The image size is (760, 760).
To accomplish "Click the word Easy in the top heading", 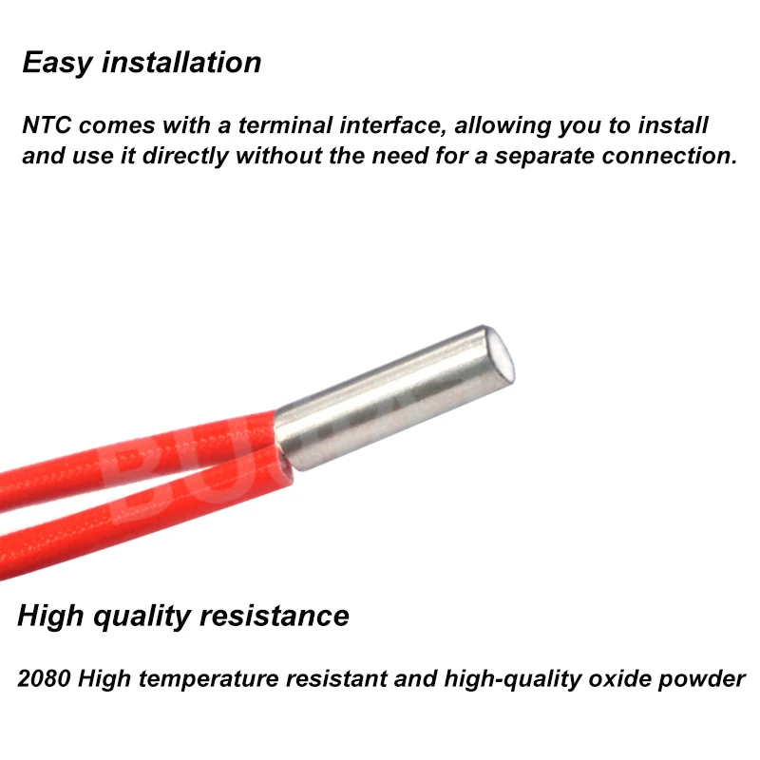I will coord(58,63).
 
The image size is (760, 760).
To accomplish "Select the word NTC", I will coord(46,126).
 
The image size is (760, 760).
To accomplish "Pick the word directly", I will coord(182,156).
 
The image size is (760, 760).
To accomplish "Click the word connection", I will coord(669,156).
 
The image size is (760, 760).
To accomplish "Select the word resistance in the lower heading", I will coord(275,616).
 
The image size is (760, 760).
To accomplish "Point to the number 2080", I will coord(46,680).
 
